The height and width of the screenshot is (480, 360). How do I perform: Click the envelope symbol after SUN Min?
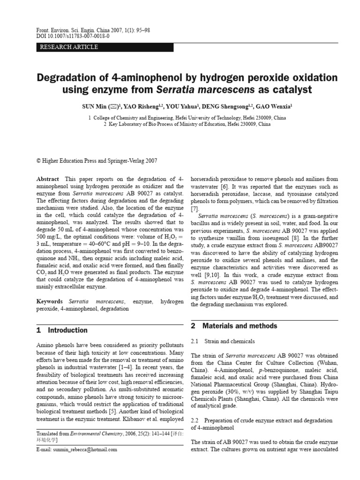(113, 106)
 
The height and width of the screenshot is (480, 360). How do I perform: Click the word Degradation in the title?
(70, 77)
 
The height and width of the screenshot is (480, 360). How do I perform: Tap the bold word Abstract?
(48, 179)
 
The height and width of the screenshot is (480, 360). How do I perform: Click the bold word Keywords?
(50, 302)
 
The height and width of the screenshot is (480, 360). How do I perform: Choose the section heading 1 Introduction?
(62, 330)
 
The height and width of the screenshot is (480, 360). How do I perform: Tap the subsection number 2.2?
(195, 420)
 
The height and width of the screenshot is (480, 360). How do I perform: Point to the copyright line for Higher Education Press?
(97, 160)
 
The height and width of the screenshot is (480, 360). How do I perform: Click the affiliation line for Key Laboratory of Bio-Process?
(187, 125)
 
